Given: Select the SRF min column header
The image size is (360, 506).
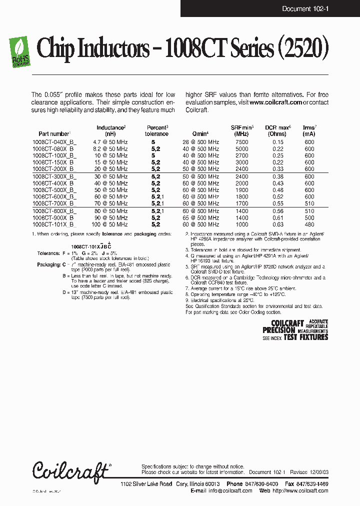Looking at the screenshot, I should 242,130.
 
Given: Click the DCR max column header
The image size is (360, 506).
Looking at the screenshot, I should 277,130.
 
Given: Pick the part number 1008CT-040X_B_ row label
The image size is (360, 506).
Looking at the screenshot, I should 54,142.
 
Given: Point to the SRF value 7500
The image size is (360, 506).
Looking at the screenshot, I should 241,142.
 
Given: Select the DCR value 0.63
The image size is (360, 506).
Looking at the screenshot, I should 277,224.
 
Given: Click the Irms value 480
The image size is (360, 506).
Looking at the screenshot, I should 309,224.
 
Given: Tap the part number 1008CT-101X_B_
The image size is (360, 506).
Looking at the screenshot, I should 54,224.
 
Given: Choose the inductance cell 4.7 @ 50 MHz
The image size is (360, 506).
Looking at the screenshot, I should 110,142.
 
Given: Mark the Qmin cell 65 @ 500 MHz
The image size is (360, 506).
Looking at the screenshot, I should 200,218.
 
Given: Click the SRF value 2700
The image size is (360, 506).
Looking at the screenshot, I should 241,155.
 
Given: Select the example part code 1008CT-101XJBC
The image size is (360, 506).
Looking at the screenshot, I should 90,246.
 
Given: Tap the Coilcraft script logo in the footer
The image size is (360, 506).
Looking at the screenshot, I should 70,470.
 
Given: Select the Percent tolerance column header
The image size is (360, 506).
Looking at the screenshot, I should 156,130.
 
